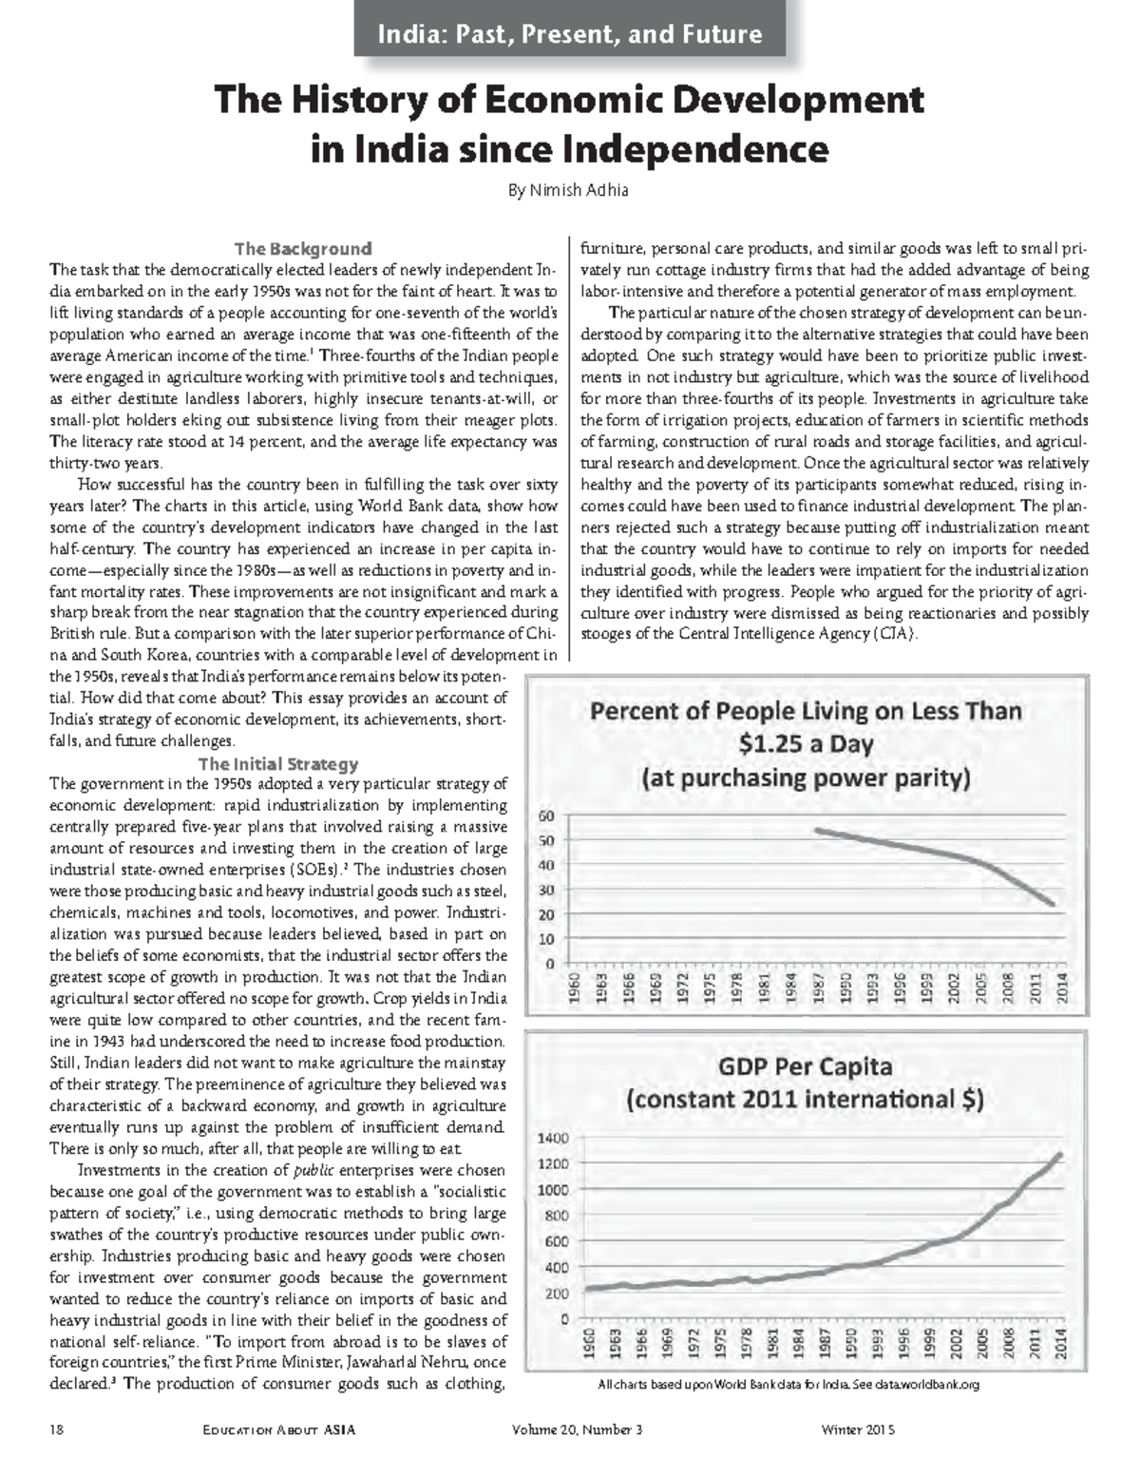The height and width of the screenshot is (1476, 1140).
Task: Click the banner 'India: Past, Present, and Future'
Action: point(570,35)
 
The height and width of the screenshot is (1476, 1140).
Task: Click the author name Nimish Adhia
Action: point(568,190)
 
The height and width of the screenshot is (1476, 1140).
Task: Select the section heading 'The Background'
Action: point(302,249)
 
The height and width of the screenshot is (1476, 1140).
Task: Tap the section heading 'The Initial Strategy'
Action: point(277,763)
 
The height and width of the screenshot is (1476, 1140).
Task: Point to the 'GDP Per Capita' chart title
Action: point(805,1065)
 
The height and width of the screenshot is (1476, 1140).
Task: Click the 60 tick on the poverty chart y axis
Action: point(546,815)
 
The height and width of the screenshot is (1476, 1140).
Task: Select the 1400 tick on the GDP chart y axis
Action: point(553,1138)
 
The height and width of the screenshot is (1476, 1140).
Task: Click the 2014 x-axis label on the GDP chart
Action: point(1061,1342)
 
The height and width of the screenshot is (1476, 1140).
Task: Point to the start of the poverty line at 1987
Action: point(818,830)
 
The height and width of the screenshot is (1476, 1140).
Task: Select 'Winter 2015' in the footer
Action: point(859,1429)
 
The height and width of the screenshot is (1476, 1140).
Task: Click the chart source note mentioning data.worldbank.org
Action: point(788,1384)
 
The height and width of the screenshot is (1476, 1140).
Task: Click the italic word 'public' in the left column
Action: point(313,1170)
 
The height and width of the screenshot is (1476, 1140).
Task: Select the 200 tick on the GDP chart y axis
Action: point(557,1293)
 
